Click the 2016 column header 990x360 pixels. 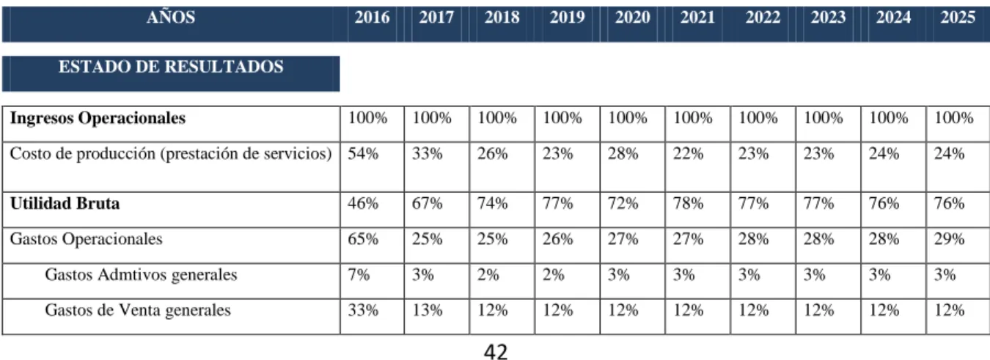(372, 17)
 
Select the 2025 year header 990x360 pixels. (958, 17)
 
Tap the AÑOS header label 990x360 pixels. (171, 17)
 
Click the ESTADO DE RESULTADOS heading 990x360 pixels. (171, 67)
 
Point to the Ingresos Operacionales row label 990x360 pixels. (98, 118)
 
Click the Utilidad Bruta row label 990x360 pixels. (65, 203)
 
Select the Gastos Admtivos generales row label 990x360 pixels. (141, 275)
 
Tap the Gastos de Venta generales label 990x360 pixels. (138, 310)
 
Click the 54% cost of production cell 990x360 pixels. (363, 154)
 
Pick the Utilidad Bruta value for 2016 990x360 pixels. (363, 203)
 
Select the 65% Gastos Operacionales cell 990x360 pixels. (363, 239)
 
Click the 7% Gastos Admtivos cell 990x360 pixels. (359, 275)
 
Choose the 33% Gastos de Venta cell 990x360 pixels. (363, 310)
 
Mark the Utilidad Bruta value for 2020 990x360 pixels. (623, 203)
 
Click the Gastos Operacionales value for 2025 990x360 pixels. (949, 239)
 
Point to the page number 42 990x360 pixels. (496, 352)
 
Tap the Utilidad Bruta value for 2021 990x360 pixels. (688, 203)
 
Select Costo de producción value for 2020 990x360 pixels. (623, 154)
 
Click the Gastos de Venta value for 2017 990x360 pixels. (427, 310)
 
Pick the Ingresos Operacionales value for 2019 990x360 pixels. (562, 118)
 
